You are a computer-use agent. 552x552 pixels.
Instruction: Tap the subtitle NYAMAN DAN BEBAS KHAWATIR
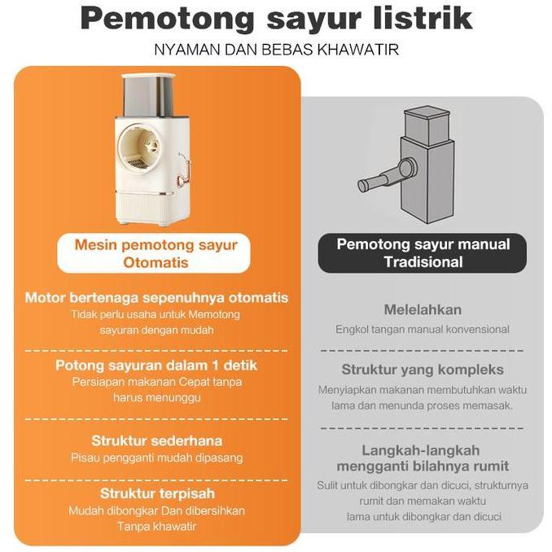click(276, 50)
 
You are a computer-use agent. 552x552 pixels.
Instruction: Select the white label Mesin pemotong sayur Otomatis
click(155, 253)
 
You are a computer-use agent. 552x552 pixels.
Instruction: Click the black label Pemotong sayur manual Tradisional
click(423, 253)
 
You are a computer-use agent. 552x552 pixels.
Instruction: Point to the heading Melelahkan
click(423, 309)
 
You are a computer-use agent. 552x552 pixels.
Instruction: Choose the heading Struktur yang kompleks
click(423, 370)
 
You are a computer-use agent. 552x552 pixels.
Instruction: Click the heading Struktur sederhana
click(156, 440)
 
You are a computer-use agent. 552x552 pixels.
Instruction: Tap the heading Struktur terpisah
click(156, 493)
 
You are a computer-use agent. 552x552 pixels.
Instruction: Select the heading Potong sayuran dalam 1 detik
click(156, 366)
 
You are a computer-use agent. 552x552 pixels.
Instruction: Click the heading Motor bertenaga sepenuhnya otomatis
click(156, 298)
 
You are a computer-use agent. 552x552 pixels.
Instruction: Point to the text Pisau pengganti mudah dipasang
click(156, 458)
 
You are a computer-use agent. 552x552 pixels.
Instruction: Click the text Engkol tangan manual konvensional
click(423, 330)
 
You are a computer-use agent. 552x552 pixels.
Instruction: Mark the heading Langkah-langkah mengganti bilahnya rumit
click(423, 458)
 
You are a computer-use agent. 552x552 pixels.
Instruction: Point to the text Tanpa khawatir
click(156, 526)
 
